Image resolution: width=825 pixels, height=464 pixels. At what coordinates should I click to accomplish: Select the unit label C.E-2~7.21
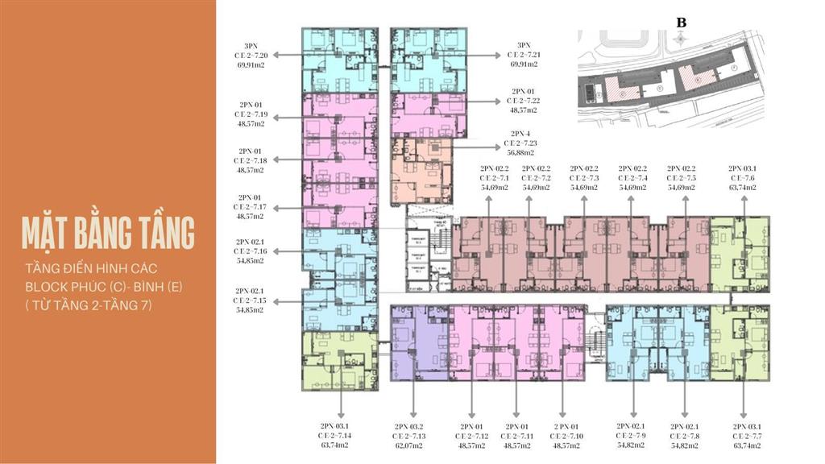[524, 55]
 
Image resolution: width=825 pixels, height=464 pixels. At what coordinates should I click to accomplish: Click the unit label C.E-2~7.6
[741, 178]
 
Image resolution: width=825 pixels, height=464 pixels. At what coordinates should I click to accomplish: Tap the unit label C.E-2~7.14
[336, 435]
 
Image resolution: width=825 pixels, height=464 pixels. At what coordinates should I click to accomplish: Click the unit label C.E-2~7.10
[566, 435]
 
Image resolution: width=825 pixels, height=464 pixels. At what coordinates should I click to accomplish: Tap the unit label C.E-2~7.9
[631, 435]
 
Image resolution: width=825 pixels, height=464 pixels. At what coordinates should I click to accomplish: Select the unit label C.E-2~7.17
[250, 207]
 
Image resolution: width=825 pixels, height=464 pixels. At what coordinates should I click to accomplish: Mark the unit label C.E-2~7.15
[250, 300]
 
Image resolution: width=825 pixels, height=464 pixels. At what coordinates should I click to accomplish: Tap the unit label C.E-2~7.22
[525, 101]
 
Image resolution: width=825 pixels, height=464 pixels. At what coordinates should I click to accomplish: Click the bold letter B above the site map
[681, 23]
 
